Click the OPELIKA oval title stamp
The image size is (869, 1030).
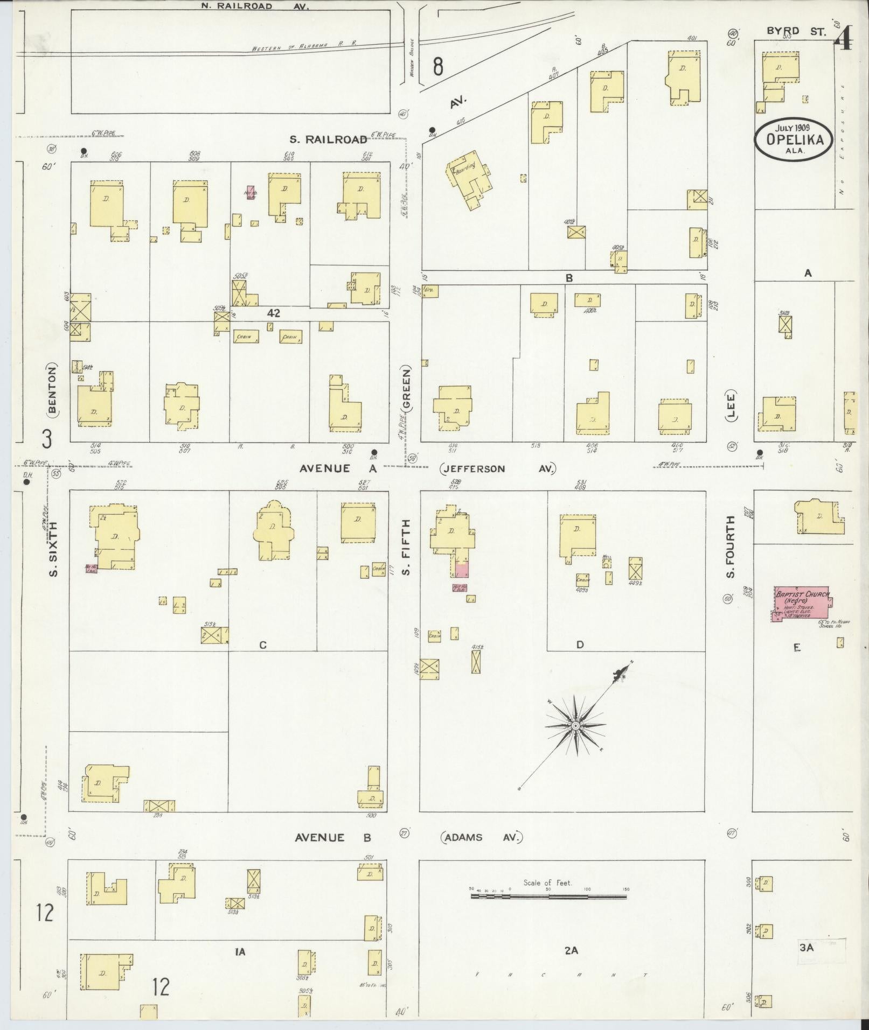pos(791,138)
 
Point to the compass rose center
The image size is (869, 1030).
pos(575,726)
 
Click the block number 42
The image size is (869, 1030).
pos(274,313)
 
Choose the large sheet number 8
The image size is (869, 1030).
pos(438,67)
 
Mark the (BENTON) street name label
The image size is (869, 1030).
pos(52,389)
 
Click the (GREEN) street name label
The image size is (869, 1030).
pos(406,389)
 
